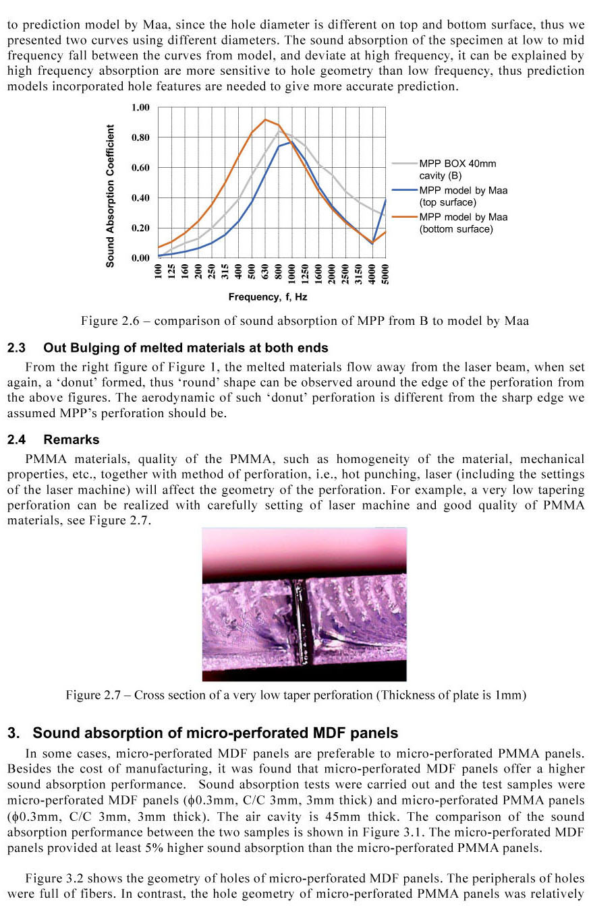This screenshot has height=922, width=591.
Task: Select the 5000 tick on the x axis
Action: pyautogui.click(x=385, y=276)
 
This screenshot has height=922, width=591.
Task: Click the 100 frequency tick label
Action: pyautogui.click(x=159, y=274)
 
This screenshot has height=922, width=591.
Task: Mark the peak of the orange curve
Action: pyautogui.click(x=265, y=120)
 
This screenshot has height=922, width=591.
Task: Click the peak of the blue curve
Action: pyautogui.click(x=291, y=142)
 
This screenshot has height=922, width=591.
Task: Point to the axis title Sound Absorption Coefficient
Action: pyautogui.click(x=110, y=195)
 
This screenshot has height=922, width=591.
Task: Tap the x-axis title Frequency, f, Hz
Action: pyautogui.click(x=268, y=297)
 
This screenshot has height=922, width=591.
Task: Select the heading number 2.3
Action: pyautogui.click(x=17, y=348)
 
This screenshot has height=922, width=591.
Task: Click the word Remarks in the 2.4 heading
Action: pyautogui.click(x=72, y=440)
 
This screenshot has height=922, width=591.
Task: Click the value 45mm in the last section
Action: pyautogui.click(x=326, y=817)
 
